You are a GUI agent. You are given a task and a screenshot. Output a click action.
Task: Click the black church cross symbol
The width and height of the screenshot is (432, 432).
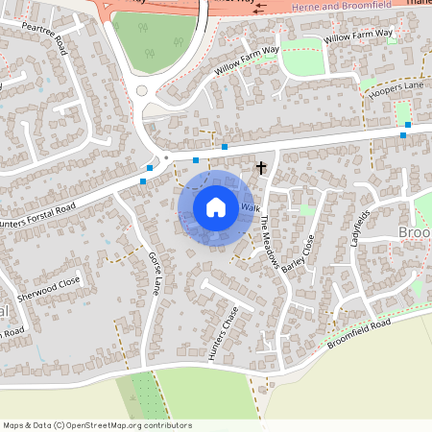click(x=260, y=168)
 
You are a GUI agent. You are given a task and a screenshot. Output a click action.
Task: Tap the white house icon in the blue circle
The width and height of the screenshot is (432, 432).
click(x=216, y=206)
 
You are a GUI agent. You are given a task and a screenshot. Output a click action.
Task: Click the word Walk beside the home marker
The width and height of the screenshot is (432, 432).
click(x=251, y=207)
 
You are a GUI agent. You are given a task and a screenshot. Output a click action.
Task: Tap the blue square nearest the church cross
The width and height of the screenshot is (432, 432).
click(x=225, y=146)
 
